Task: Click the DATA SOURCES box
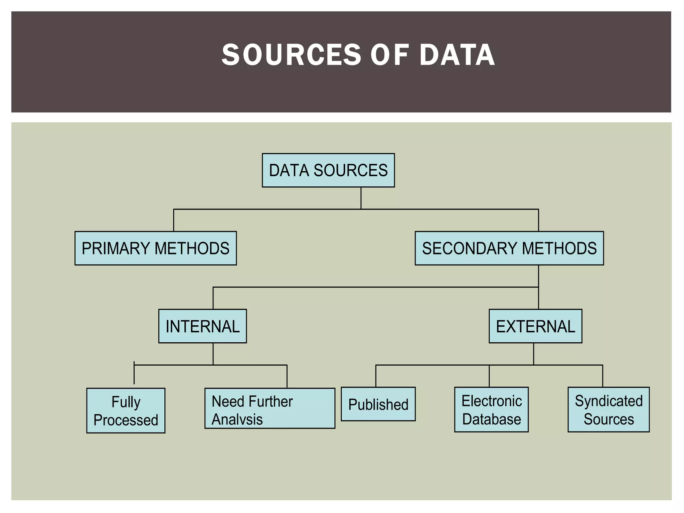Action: coord(328,170)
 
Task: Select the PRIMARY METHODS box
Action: coord(156,248)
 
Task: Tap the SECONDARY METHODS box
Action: coord(509,248)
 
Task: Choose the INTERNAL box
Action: coord(202,326)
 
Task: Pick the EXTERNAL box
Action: coord(535,326)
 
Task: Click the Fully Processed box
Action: coord(126,410)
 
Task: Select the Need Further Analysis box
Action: coord(270,408)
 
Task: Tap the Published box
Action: coord(378,404)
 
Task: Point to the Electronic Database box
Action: coord(491,409)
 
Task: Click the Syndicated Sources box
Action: coord(609,409)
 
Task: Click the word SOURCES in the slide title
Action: coord(292,55)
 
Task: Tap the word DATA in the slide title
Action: coord(457,55)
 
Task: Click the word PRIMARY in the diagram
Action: coord(116,248)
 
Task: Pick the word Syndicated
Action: coord(609,401)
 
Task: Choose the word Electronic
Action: coord(492,401)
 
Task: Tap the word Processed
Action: coord(126,420)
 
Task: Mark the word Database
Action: coord(492,419)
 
